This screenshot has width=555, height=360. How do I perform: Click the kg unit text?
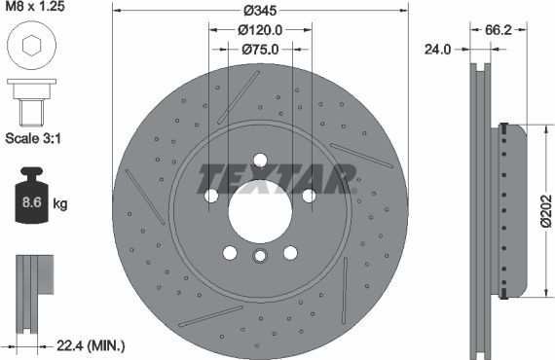click(x=60, y=204)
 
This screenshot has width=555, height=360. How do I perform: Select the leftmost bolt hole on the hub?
click(x=211, y=196)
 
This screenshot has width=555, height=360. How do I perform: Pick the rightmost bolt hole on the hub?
click(x=308, y=196)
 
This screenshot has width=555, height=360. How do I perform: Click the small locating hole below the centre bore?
click(x=259, y=257)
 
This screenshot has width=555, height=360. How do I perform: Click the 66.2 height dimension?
click(x=499, y=29)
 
